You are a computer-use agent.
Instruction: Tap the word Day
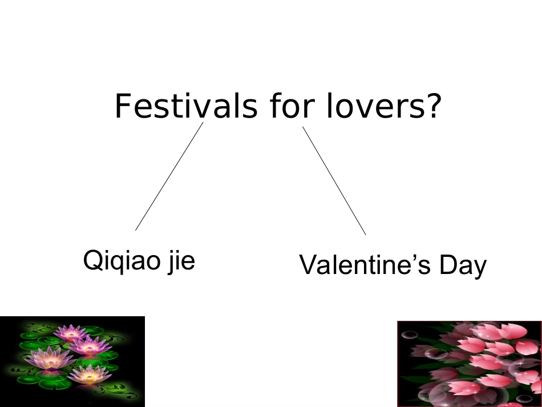(463, 266)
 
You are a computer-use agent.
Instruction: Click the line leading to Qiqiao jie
(169, 176)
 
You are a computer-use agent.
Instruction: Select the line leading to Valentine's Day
(334, 180)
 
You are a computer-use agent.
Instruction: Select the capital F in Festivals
(123, 107)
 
